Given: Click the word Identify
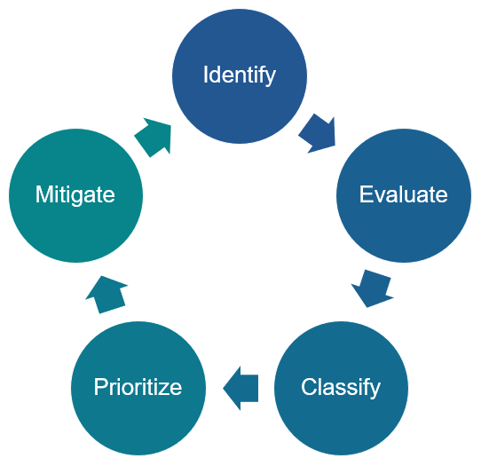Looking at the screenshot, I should click(x=239, y=75).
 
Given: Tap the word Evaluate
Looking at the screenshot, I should click(x=403, y=194).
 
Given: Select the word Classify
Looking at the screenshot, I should click(x=341, y=387).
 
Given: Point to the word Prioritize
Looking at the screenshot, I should click(x=138, y=387).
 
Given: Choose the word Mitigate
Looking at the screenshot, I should click(x=75, y=194).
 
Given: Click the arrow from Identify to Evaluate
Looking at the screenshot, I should click(x=318, y=134).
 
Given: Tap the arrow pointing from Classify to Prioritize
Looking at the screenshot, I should click(x=240, y=388).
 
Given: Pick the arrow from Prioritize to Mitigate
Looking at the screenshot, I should click(x=108, y=294).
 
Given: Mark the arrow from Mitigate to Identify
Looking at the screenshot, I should click(x=154, y=137).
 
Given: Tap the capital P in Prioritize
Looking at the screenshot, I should click(x=99, y=387).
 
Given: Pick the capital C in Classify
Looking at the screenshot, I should click(x=308, y=387).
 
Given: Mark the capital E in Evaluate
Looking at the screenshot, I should click(x=365, y=194).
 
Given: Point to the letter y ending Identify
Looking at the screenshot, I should click(x=271, y=77).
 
